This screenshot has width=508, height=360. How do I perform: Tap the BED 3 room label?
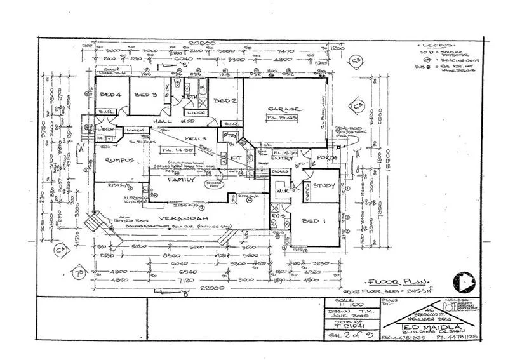coord(145,95)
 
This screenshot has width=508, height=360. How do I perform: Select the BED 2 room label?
coord(222,102)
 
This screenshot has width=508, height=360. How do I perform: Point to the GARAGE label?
coord(284,109)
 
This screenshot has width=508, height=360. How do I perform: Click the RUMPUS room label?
coord(119,161)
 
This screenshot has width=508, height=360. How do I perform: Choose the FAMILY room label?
coord(182,180)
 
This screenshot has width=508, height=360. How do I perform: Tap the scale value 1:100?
coord(346,306)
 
